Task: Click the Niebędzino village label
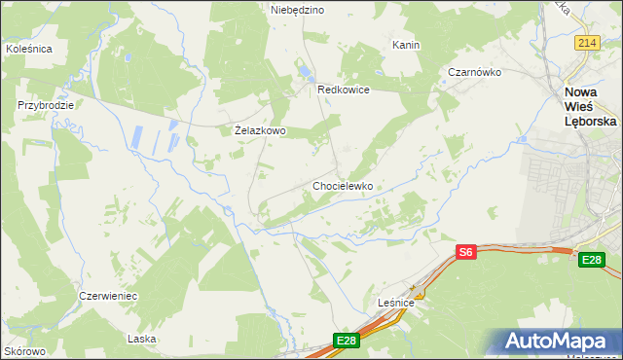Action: coord(297,10)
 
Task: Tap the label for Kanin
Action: coord(405,45)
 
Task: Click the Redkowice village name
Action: coord(344,90)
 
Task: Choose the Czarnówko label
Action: coord(474,72)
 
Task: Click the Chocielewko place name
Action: coord(343,185)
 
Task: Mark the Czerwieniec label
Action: coord(108,295)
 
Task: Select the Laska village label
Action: coord(142,339)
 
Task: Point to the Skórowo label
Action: coord(24,350)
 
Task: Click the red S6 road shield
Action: coord(466,252)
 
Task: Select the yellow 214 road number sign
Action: coord(586,43)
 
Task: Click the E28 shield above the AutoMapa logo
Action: coord(592,260)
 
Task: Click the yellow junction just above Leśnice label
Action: coord(417,291)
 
